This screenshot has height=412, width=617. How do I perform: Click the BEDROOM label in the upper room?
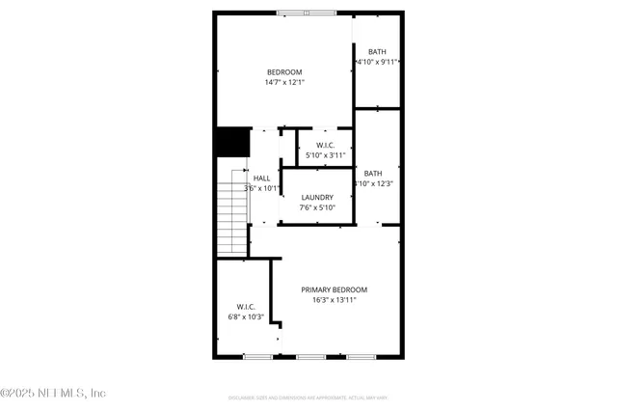point(284,72)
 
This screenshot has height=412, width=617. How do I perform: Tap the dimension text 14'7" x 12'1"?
point(284,83)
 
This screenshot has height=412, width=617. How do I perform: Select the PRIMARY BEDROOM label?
point(334,289)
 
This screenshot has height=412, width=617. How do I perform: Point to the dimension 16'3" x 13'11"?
point(334,300)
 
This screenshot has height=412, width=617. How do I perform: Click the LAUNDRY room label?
point(317,197)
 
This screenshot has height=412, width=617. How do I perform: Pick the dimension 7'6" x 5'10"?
point(317,207)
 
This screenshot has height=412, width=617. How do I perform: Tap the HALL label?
point(261,179)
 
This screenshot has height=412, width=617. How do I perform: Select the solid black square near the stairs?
point(231,142)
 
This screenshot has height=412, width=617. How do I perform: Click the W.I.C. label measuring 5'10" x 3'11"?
point(325,145)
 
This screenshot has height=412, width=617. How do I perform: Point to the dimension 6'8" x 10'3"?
point(245,316)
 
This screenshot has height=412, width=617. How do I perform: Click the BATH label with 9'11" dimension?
point(378,51)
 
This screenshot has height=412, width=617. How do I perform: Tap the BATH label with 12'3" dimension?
point(373,173)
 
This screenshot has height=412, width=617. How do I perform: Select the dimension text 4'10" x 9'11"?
point(378,62)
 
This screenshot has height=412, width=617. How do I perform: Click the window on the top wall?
point(307,13)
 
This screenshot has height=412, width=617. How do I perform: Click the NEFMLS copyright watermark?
point(53,393)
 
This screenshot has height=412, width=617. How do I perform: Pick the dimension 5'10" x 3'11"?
point(325,155)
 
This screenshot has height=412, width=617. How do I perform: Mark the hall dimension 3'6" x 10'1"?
point(261,189)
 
